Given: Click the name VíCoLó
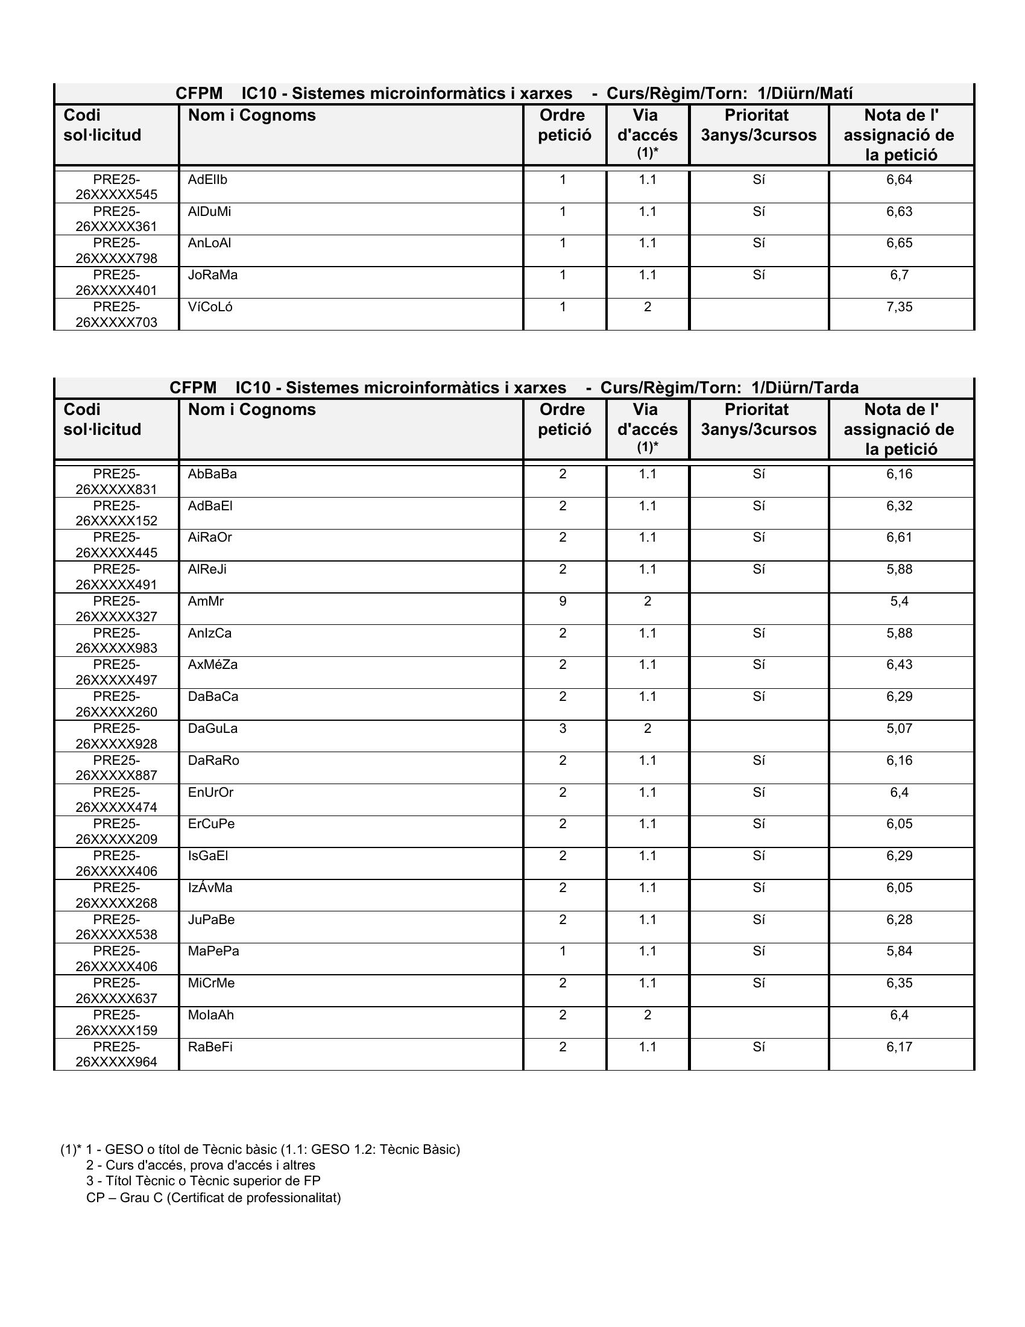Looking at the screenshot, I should [210, 307].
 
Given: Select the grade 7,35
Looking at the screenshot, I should [900, 307].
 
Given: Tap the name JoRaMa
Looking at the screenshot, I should [212, 275].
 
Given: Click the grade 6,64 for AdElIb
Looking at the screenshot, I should [900, 180].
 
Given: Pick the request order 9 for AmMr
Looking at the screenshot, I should [563, 601].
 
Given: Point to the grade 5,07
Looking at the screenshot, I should [900, 729].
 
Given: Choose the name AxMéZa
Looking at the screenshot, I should [212, 665].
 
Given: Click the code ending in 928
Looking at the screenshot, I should [116, 736].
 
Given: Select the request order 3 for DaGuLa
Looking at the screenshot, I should [563, 729].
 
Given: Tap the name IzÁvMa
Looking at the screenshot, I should [210, 888].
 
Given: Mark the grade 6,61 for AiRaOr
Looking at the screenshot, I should [900, 537].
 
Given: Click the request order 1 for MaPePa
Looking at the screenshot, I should [563, 951].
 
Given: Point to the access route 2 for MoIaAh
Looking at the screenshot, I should [648, 1015].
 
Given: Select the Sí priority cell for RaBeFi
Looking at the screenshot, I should [758, 1047].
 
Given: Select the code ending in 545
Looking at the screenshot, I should [116, 187].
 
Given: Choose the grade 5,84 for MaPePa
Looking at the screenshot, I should [900, 951].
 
